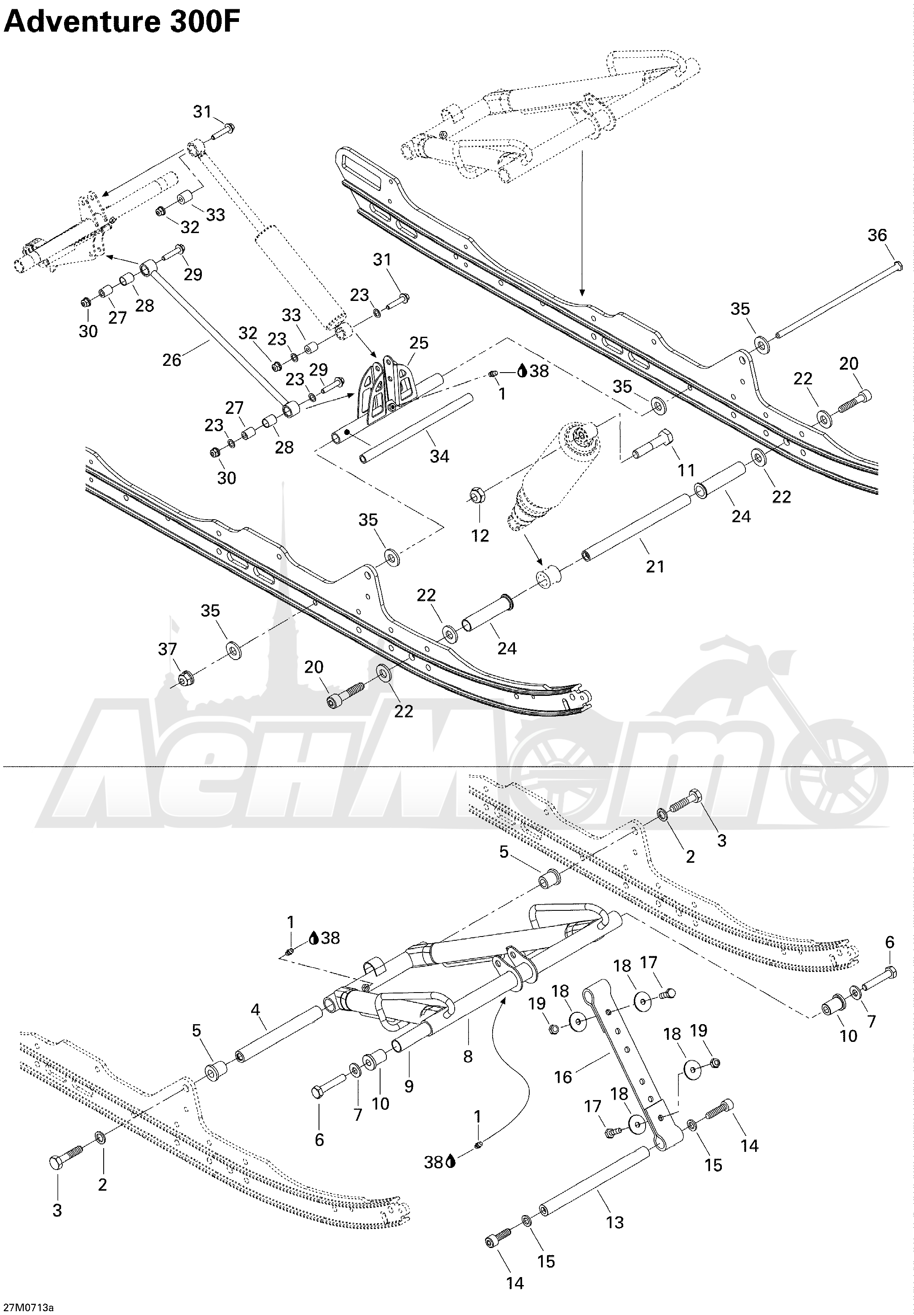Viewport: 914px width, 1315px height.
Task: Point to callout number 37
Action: pyautogui.click(x=168, y=649)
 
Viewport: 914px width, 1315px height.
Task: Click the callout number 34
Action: pyautogui.click(x=439, y=456)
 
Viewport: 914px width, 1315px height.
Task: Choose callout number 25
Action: pyautogui.click(x=418, y=343)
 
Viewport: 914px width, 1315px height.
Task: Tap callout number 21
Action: pyautogui.click(x=655, y=566)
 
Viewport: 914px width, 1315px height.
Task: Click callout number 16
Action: pyautogui.click(x=563, y=1077)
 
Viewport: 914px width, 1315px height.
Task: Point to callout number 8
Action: pyautogui.click(x=468, y=1057)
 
